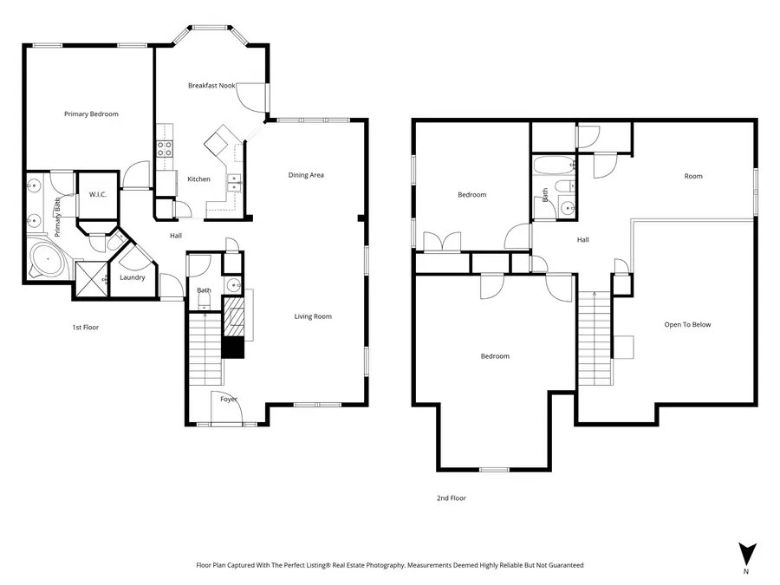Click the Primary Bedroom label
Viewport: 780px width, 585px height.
91,114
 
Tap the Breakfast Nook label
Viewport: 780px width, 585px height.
211,86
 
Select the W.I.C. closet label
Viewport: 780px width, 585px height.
97,194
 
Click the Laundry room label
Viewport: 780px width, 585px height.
132,277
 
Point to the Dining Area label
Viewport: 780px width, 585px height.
306,175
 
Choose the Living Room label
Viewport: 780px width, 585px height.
313,316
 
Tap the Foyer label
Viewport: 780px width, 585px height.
229,399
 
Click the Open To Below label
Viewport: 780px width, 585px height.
687,325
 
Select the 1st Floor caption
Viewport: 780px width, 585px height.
86,328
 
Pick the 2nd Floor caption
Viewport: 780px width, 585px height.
452,498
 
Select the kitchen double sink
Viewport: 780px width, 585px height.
234,183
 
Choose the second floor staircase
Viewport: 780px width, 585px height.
595,338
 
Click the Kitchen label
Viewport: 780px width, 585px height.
198,179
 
